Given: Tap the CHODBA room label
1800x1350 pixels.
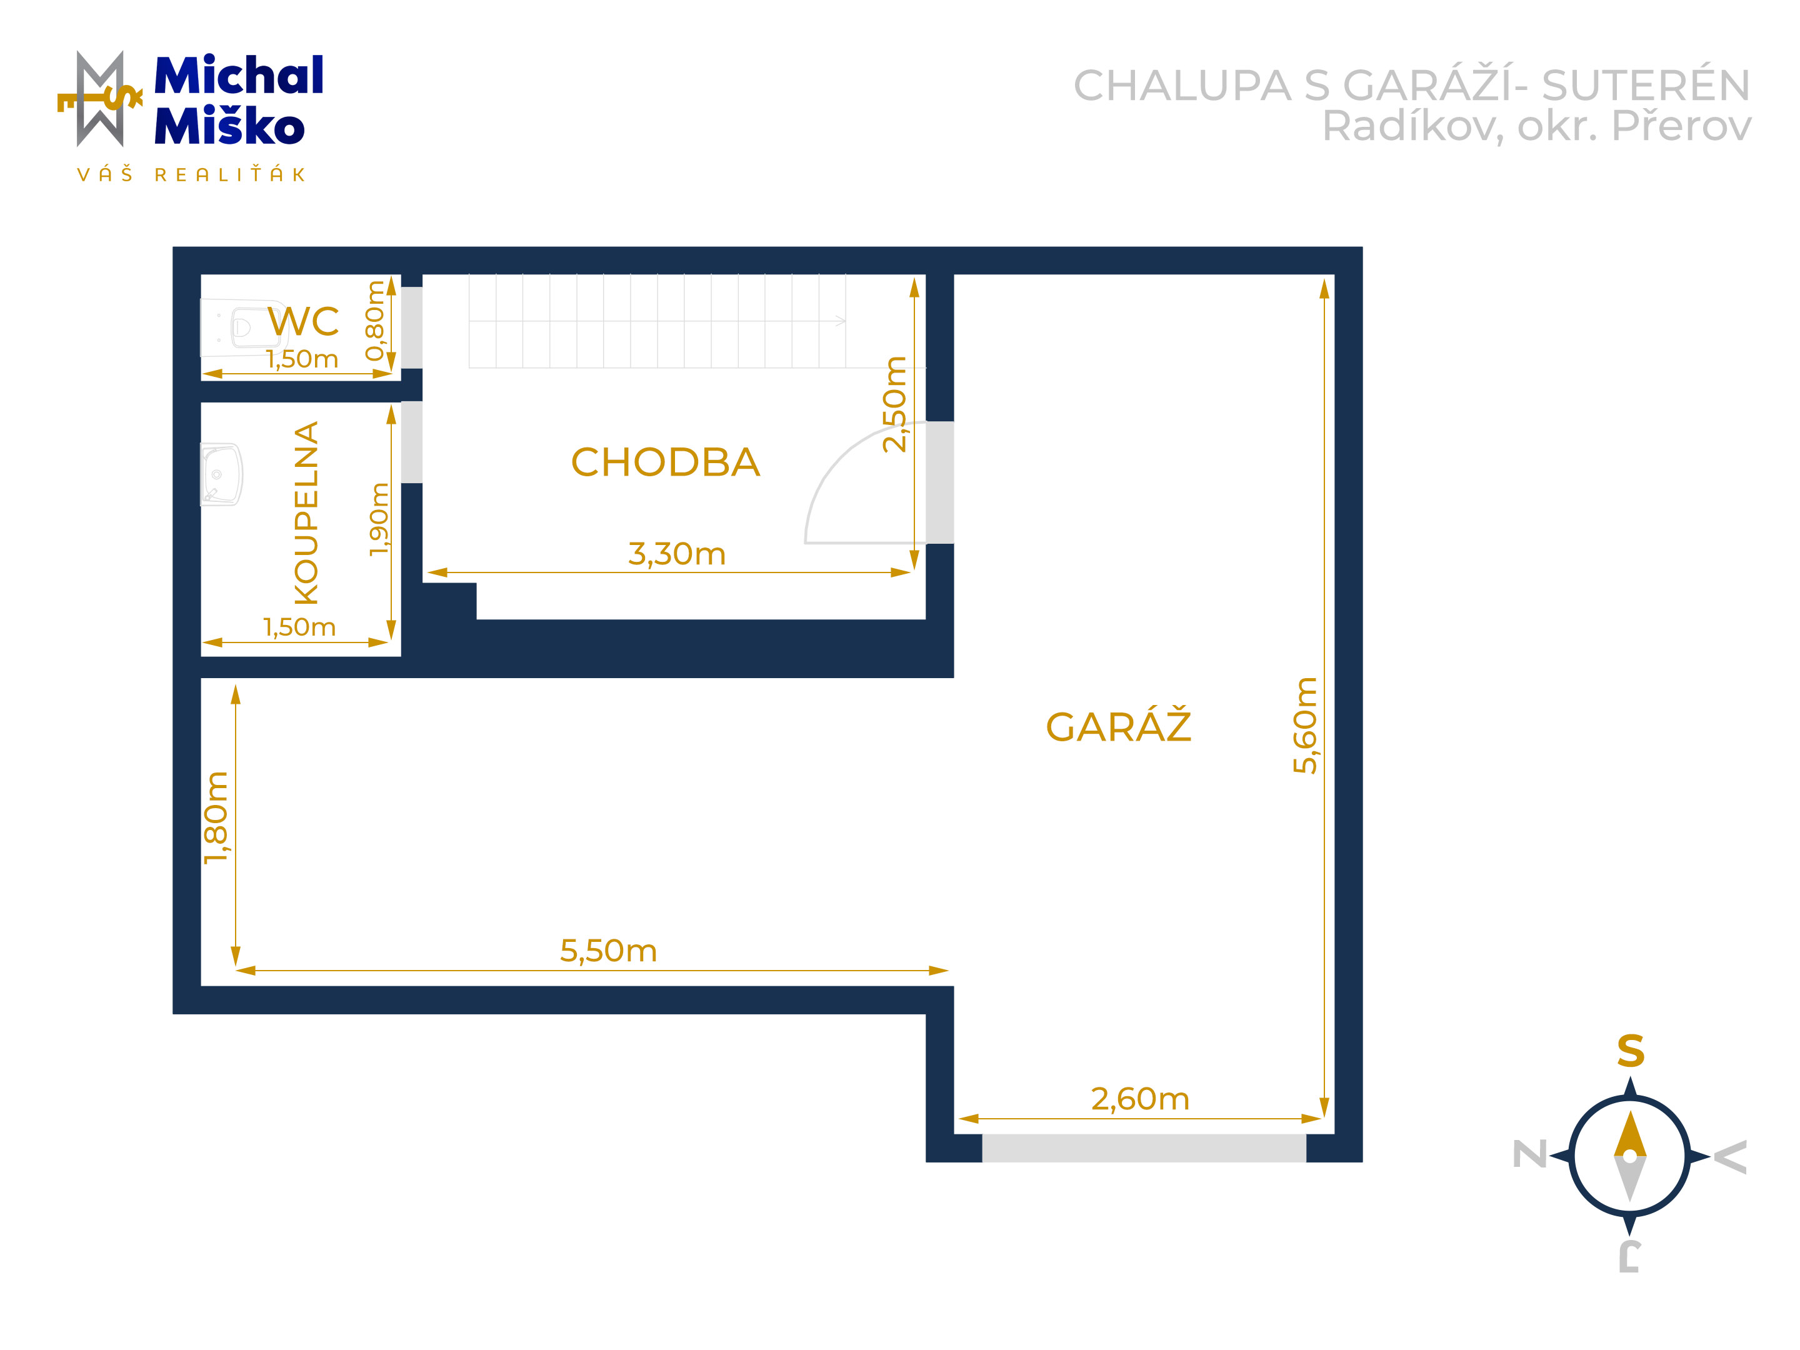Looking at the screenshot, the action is coord(665,462).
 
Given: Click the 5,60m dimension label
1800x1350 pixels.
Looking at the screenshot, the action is coord(1304,725).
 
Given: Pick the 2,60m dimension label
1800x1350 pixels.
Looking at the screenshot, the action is coord(1140,1099).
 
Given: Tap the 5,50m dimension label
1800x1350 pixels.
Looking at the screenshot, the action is coord(608,951).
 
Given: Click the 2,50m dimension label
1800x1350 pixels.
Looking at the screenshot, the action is coord(894,404).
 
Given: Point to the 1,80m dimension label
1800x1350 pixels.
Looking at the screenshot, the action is coord(216,817).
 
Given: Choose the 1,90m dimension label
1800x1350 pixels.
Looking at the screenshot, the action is coord(379,519).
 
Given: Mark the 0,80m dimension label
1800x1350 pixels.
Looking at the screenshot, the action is coord(374,321).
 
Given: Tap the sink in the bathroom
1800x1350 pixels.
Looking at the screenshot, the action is coord(221,474).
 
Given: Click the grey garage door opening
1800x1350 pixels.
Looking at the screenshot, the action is coord(1144,1148).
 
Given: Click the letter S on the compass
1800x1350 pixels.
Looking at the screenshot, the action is coord(1630,1051).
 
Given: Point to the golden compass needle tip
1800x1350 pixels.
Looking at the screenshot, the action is coord(1630,1112).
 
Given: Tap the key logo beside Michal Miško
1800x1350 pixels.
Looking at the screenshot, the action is coord(100,99).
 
